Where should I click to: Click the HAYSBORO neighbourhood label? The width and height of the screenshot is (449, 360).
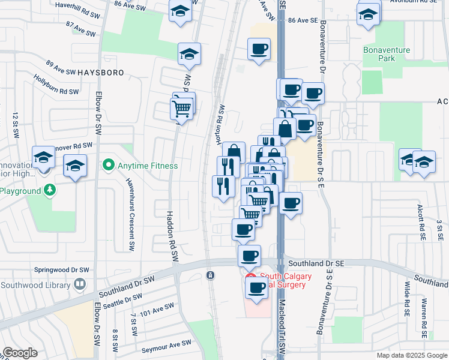tap(100, 72)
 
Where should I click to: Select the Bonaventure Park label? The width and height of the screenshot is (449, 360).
tap(387, 54)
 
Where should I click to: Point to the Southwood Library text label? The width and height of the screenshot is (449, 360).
tap(35, 284)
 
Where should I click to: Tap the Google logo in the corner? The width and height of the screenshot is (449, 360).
tap(20, 353)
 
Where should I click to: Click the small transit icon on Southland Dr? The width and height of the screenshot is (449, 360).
tap(210, 275)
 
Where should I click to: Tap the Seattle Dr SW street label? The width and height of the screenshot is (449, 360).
tap(122, 301)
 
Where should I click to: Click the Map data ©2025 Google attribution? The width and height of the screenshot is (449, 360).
tap(411, 355)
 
